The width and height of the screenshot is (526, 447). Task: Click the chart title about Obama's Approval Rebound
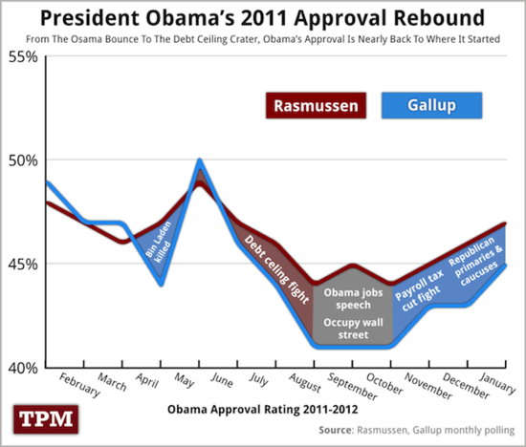[x=263, y=18]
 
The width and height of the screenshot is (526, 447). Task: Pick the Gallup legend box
[x=431, y=105]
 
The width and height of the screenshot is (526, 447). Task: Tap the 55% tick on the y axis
[x=22, y=57]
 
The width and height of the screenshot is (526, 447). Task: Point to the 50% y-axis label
[x=22, y=160]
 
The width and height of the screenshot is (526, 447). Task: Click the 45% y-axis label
[x=22, y=264]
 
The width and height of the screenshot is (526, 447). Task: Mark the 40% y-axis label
[x=22, y=368]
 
